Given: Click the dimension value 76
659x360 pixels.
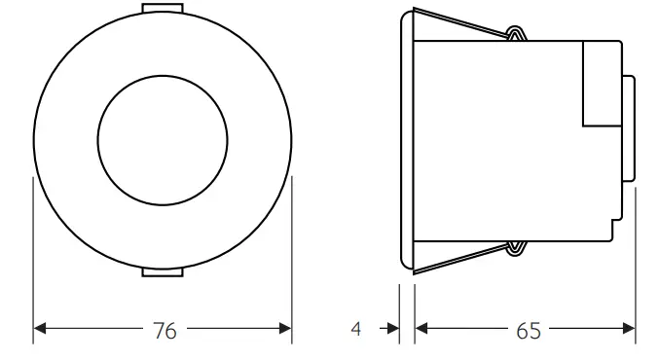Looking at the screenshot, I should tap(165, 331).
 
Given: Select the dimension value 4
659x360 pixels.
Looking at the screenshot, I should tap(356, 330).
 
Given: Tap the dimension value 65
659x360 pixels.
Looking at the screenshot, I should tap(528, 331).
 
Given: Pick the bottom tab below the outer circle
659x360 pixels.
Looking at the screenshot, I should tap(163, 271).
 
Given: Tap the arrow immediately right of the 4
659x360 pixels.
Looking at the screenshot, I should tap(391, 330).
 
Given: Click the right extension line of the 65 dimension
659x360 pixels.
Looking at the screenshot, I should tap(635, 263).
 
